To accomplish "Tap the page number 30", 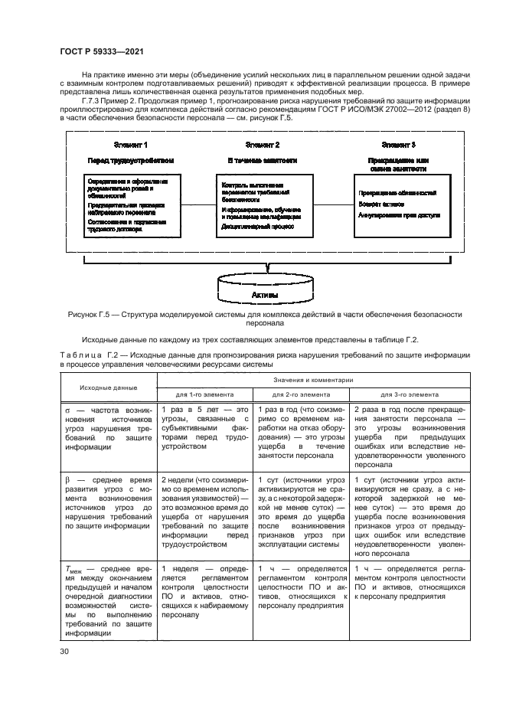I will pyautogui.click(x=64, y=651).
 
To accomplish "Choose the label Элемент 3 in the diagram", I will pyautogui.click(x=397, y=145).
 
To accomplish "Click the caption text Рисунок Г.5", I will pyautogui.click(x=96, y=315).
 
